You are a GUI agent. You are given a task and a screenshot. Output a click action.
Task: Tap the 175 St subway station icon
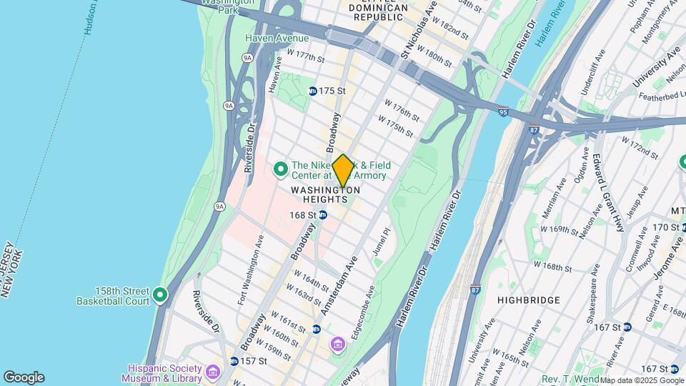pos(313,91)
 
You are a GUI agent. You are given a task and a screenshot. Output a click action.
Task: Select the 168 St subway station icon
pos(323,214)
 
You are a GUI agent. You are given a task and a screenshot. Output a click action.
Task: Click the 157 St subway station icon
pos(234,361)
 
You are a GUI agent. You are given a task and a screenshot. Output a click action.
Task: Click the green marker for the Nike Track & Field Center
pos(281,169)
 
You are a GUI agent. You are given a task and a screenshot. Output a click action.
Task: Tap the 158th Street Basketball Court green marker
pos(160,295)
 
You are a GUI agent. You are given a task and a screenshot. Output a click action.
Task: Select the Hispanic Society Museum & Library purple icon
pos(212,372)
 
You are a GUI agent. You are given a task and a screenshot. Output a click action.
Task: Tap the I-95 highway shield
pos(504,112)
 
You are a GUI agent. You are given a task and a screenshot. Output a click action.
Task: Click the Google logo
pos(24,377)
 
